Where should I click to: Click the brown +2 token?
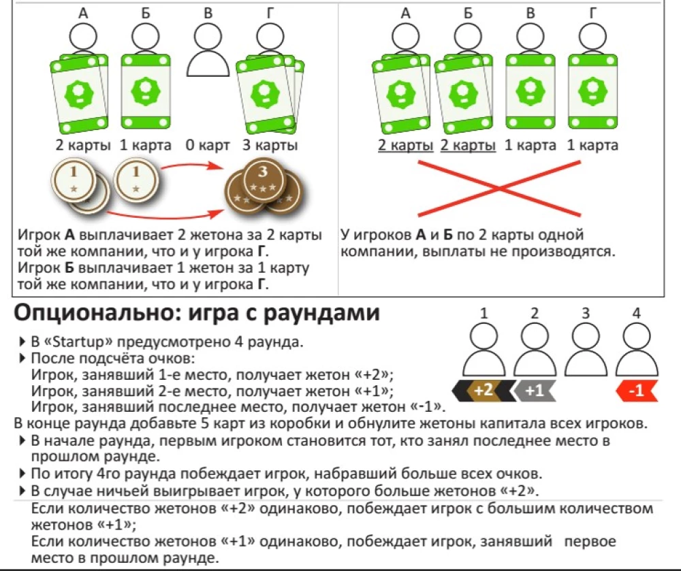tap(483, 391)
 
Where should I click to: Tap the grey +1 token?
tap(535, 391)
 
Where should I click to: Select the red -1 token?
tap(636, 391)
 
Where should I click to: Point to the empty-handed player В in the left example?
tap(208, 51)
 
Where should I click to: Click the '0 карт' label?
tap(208, 146)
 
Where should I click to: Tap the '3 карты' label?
tap(270, 146)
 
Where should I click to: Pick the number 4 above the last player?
tap(636, 314)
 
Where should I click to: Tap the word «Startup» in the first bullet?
tap(76, 341)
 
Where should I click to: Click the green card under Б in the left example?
tap(144, 93)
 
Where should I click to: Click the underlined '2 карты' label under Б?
tap(468, 146)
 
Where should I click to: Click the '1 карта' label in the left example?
tap(145, 146)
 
